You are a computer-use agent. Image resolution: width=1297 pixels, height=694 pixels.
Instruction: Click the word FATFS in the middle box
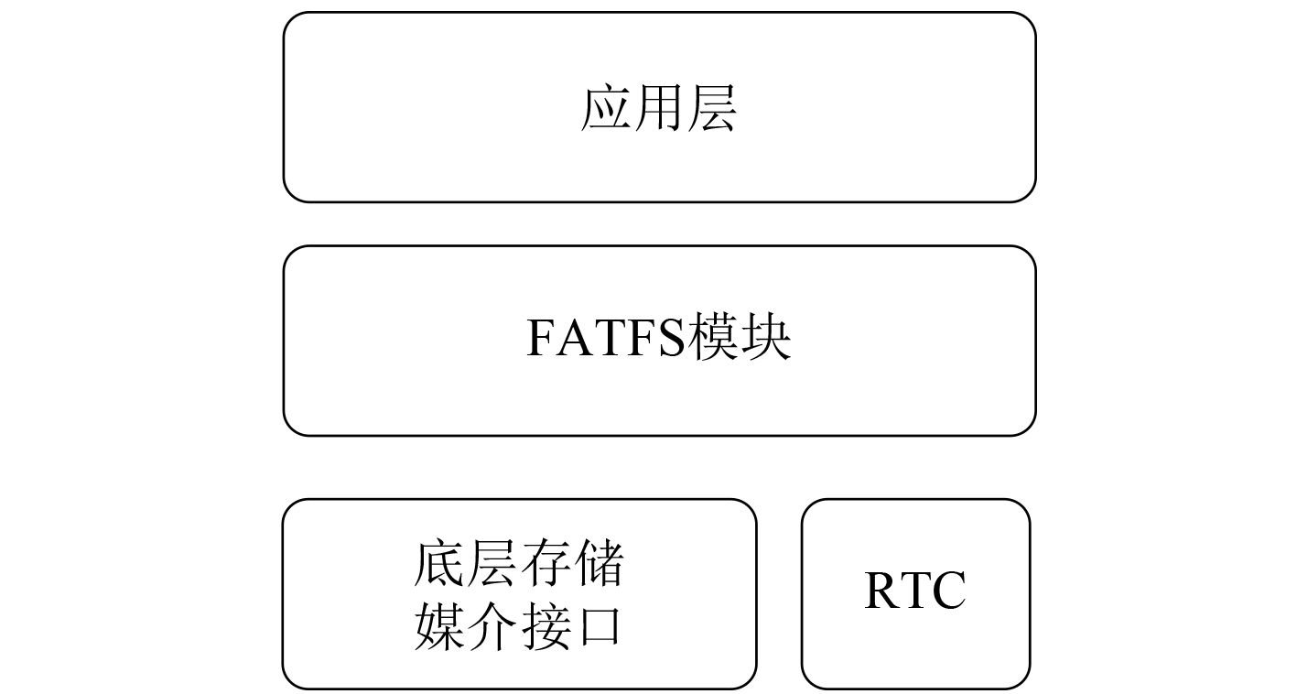pos(606,340)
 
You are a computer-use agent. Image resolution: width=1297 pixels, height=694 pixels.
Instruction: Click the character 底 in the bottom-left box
pos(440,565)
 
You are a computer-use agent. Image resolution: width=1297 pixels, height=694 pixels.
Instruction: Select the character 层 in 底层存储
pos(492,565)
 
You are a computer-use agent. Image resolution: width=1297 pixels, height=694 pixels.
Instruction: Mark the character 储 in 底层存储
pos(598,565)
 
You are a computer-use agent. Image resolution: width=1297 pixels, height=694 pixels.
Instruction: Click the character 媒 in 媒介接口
pos(440,627)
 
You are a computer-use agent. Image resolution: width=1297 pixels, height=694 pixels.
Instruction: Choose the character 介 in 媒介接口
pos(492,627)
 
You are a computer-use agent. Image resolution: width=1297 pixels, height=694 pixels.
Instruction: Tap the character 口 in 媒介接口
pos(598,628)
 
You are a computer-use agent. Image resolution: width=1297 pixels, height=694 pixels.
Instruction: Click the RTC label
pos(915,591)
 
